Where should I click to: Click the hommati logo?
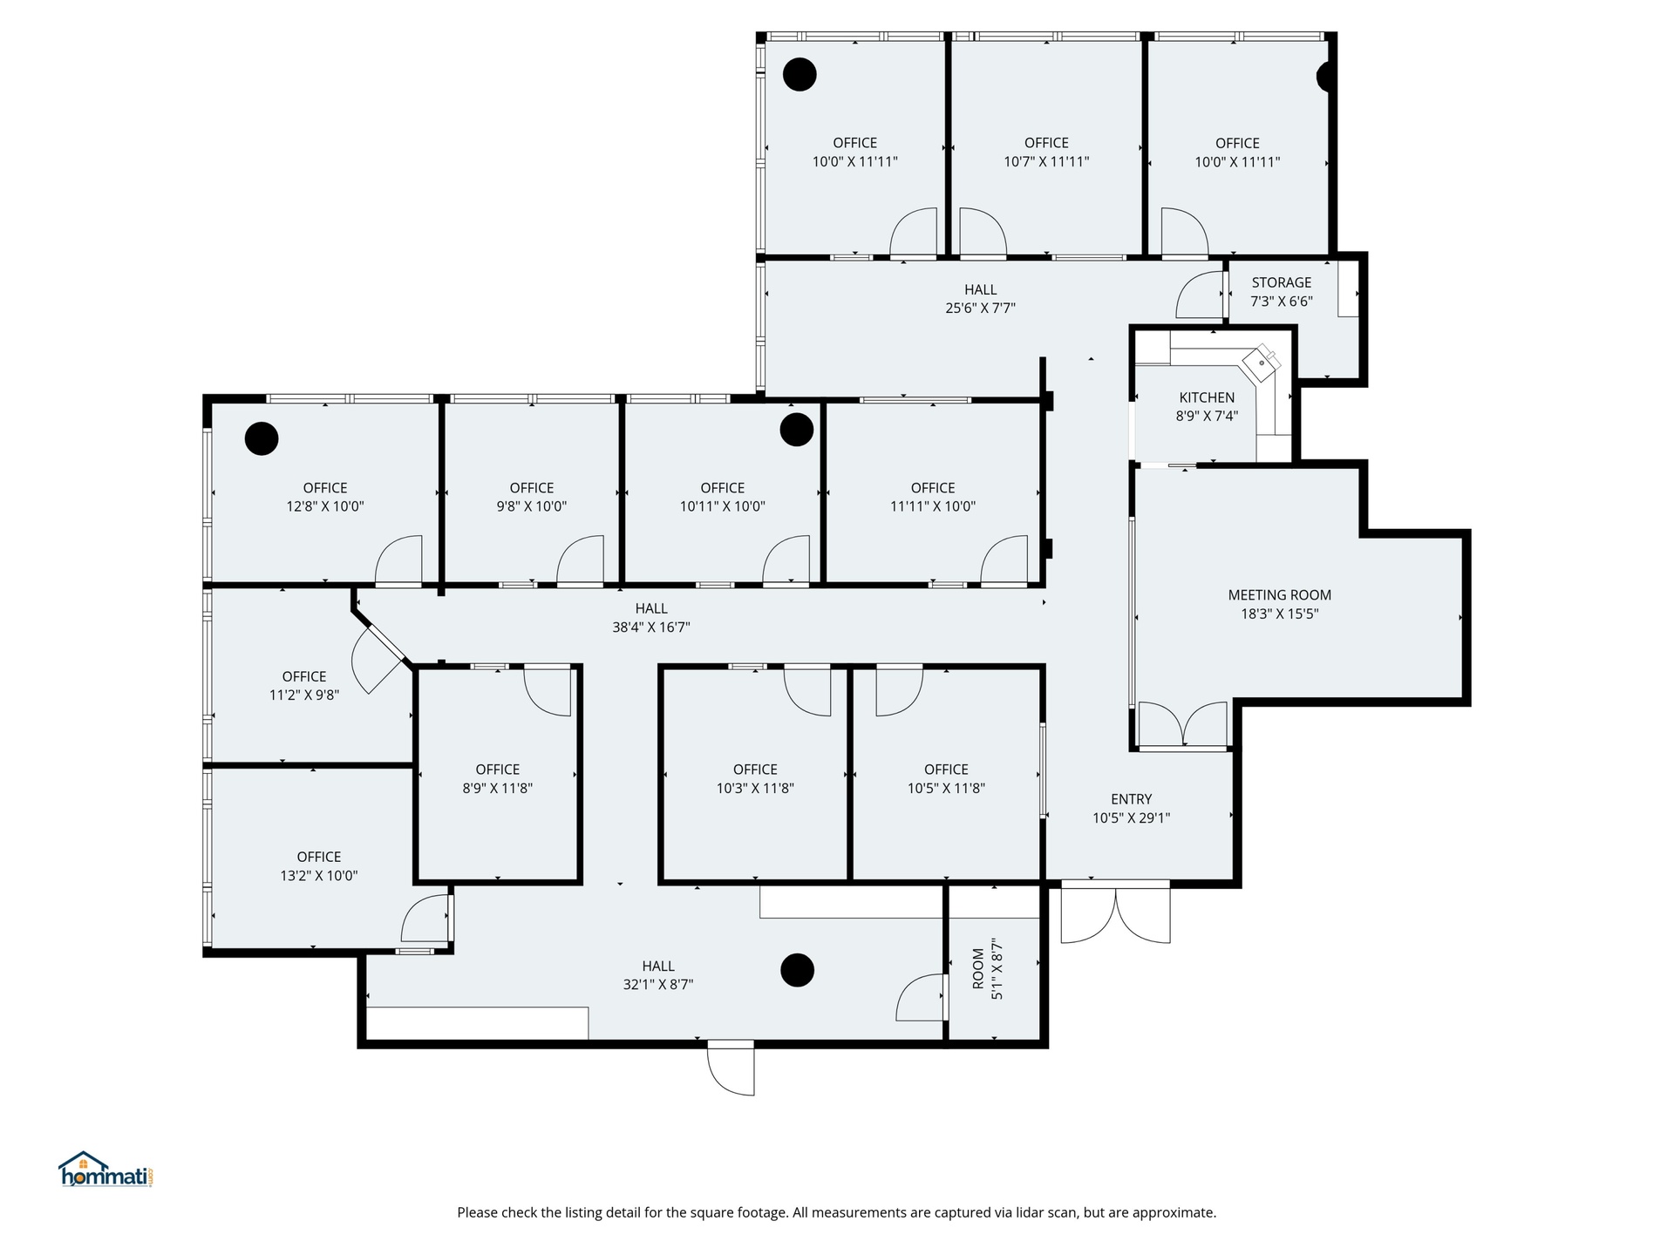(106, 1170)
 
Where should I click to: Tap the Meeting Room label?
(1279, 595)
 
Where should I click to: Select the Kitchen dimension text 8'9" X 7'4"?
(1207, 417)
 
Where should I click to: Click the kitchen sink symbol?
(1262, 360)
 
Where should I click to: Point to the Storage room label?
(1282, 282)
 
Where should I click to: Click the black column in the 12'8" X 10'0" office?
(262, 438)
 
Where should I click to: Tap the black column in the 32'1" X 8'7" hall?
(797, 970)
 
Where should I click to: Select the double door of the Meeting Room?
(1183, 724)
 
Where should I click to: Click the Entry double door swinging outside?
(1115, 913)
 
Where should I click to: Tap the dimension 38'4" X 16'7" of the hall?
(651, 627)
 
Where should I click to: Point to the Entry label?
(1132, 799)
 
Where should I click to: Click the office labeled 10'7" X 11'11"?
(1046, 148)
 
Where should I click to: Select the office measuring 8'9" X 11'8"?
(498, 775)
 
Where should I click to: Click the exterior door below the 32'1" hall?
(731, 1068)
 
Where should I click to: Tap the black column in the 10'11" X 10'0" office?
(797, 429)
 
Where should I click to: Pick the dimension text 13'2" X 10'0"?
(319, 876)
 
